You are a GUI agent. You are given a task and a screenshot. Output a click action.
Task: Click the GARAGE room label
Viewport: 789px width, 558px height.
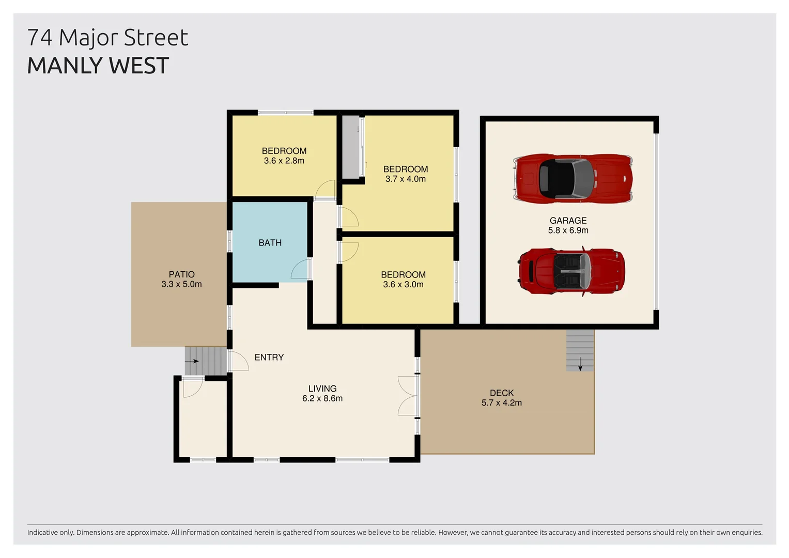pyautogui.click(x=568, y=221)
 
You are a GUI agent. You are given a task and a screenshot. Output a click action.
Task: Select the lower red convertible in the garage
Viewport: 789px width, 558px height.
pyautogui.click(x=571, y=271)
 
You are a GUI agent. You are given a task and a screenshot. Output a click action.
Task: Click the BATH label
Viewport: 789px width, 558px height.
pyautogui.click(x=270, y=243)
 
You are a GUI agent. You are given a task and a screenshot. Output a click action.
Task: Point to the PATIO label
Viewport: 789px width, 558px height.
pyautogui.click(x=181, y=274)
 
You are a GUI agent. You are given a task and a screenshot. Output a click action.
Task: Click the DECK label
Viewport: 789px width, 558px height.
pyautogui.click(x=501, y=393)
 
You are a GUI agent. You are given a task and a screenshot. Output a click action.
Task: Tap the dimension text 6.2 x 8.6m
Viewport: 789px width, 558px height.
pyautogui.click(x=322, y=398)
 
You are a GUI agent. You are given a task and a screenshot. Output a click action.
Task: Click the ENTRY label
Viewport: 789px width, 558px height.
pyautogui.click(x=269, y=358)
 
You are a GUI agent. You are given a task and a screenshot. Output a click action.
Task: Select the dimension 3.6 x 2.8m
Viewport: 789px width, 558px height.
pyautogui.click(x=284, y=161)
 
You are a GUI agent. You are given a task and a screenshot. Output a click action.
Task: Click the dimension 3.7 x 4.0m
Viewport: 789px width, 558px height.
pyautogui.click(x=405, y=179)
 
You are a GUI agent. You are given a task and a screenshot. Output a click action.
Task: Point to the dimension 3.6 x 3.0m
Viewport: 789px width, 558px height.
pyautogui.click(x=403, y=285)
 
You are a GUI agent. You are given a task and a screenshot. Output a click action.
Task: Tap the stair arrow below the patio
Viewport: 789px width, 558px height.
pyautogui.click(x=192, y=361)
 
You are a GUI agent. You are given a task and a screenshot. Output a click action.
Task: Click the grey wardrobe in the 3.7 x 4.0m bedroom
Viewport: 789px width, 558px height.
pyautogui.click(x=351, y=147)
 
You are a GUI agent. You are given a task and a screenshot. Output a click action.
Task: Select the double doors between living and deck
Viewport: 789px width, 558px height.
pyautogui.click(x=408, y=396)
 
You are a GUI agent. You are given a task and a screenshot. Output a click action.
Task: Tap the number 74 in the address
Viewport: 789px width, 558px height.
pyautogui.click(x=40, y=38)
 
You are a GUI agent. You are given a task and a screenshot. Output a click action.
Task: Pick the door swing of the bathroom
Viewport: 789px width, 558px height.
pyautogui.click(x=300, y=270)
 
